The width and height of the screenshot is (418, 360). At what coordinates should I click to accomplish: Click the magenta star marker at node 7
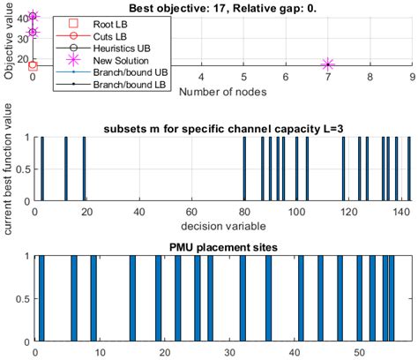[x=328, y=64]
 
